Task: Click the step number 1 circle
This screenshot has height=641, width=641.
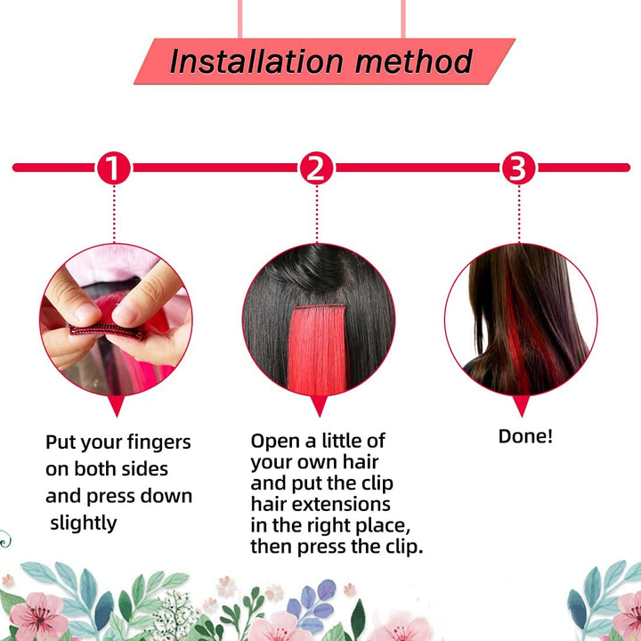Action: click(x=114, y=168)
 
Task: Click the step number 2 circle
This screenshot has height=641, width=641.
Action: click(x=316, y=168)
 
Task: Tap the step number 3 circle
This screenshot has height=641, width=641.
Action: click(x=519, y=168)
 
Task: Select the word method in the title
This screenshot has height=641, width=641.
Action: click(x=413, y=61)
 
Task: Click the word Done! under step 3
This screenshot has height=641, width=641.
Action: click(x=525, y=437)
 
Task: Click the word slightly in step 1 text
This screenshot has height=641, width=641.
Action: click(x=83, y=523)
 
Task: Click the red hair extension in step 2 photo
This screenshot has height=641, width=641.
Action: click(x=318, y=347)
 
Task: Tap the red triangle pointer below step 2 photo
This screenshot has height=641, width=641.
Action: click(x=318, y=406)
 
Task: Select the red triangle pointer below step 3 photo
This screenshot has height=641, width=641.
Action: click(x=521, y=406)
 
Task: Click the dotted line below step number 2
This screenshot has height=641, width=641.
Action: click(x=316, y=214)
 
